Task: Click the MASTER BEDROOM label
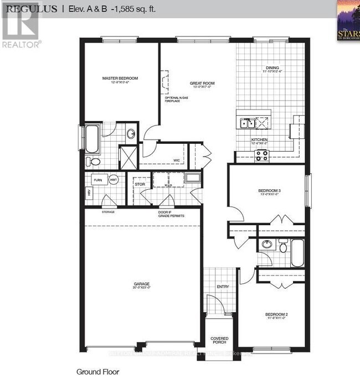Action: tap(120, 79)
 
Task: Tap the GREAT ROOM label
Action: tap(202, 84)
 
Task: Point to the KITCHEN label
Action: tap(260, 140)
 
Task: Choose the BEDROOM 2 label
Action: tap(276, 314)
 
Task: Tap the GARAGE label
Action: tap(141, 284)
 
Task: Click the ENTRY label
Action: tap(223, 287)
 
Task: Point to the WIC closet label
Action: tap(177, 160)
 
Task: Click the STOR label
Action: tap(140, 184)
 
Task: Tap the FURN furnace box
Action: tap(97, 180)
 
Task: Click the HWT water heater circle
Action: tap(112, 180)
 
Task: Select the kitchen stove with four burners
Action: tap(261, 155)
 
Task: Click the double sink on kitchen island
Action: tap(246, 123)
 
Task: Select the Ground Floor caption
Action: tap(97, 372)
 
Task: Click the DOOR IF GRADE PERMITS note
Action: tap(171, 214)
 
